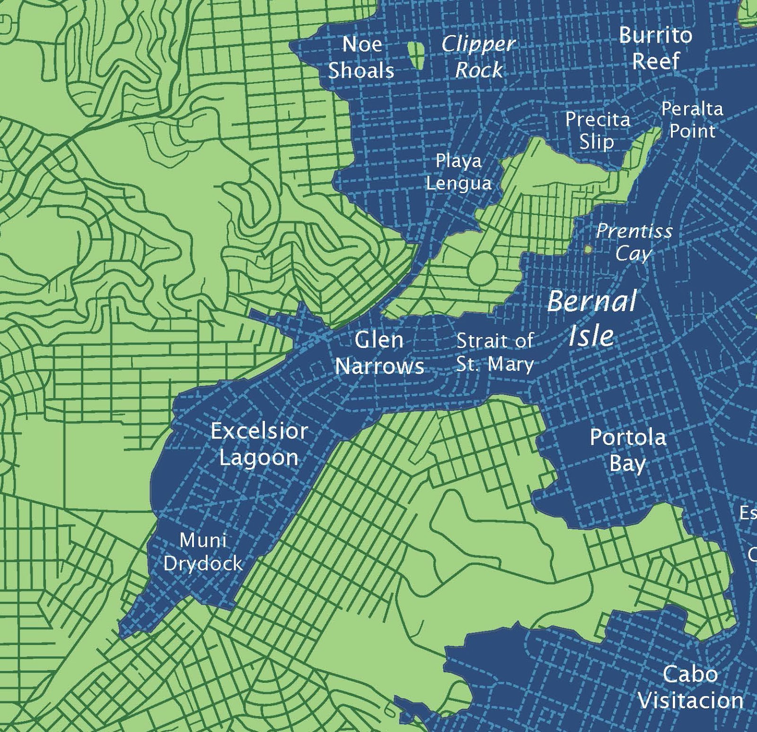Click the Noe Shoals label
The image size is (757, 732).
(361, 57)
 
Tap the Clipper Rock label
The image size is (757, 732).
(478, 57)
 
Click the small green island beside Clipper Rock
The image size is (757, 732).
(416, 54)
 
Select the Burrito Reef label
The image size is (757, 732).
(655, 48)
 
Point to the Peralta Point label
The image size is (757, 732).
(692, 120)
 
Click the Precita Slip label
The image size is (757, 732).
(598, 130)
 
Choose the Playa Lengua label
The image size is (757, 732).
(458, 172)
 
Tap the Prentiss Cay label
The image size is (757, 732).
(634, 242)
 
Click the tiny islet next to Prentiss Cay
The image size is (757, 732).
(588, 249)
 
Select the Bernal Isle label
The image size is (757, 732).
(591, 318)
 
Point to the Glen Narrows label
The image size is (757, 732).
(379, 353)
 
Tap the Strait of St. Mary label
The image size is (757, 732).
(495, 352)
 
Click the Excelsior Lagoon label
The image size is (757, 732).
(259, 444)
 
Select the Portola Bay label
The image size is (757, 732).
(628, 450)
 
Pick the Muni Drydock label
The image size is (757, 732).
(203, 552)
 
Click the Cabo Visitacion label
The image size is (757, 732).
(690, 687)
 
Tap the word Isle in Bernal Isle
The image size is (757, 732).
(591, 335)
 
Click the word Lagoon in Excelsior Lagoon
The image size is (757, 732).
(259, 457)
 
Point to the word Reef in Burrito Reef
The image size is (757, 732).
(656, 61)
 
